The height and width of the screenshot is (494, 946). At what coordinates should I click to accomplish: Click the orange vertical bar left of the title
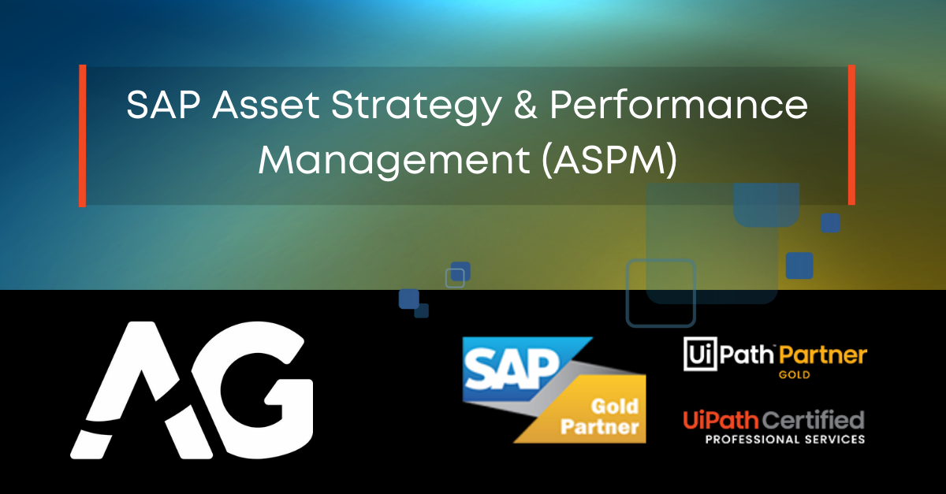click(x=82, y=136)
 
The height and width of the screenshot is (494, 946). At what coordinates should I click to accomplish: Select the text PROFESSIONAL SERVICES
click(x=774, y=439)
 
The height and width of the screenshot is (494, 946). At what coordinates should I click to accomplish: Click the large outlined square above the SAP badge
click(x=661, y=292)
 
